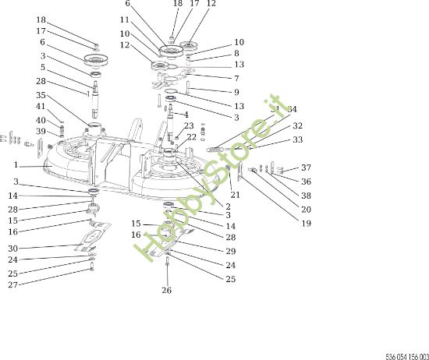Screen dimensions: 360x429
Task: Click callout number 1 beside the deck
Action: pos(16,165)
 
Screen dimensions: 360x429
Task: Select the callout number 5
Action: pos(43,68)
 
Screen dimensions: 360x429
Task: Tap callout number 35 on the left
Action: pos(41,95)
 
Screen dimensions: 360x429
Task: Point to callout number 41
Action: pos(41,107)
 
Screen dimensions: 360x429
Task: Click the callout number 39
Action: pos(41,132)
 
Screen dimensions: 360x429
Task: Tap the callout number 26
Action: pos(166,291)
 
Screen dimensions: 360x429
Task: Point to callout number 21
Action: pos(236,195)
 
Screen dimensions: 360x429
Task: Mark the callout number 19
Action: pos(306,224)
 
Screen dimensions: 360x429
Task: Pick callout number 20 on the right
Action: pos(306,210)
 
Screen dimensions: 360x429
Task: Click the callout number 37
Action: pos(306,168)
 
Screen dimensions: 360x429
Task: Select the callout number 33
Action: pos(298,140)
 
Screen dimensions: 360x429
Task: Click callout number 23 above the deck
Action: pos(189,125)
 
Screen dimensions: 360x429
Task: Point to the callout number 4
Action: pos(186,115)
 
